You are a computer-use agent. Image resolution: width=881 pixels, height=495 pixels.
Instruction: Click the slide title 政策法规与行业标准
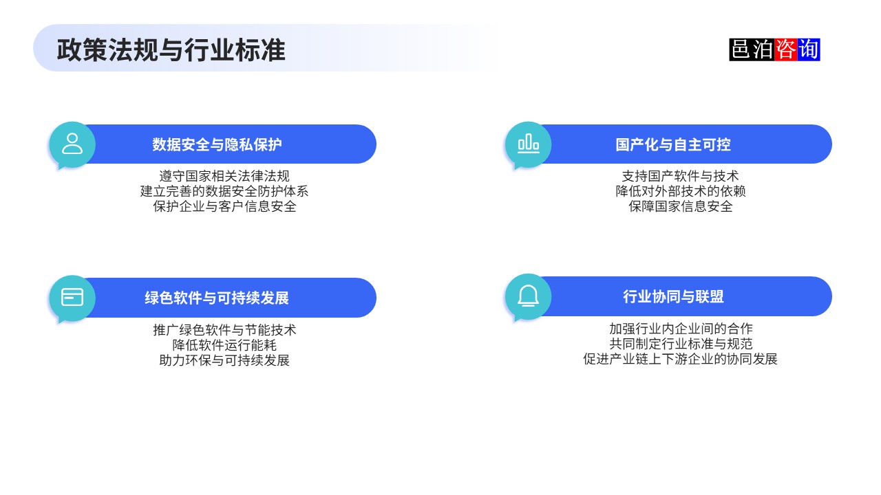click(x=171, y=50)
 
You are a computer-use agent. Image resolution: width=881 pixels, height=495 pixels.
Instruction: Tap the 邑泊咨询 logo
click(x=774, y=49)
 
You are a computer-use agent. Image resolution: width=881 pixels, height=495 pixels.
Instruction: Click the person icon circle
click(x=72, y=144)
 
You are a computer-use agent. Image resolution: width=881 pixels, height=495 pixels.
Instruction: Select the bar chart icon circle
click(x=528, y=144)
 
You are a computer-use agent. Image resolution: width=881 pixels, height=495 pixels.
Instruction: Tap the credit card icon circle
click(x=72, y=297)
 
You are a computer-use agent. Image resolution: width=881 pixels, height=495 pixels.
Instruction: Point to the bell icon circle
click(x=528, y=296)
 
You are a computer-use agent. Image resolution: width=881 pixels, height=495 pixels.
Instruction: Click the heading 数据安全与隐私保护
click(x=217, y=144)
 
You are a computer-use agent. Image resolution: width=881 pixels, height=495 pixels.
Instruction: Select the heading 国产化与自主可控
click(x=672, y=144)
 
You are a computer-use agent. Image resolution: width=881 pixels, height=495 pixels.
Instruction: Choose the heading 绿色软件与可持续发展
click(x=217, y=298)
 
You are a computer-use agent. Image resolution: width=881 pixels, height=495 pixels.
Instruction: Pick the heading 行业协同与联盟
click(x=672, y=296)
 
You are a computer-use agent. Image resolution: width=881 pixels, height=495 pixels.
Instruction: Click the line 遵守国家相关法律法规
click(x=224, y=177)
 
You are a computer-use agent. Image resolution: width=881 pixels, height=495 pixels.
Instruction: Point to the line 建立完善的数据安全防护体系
click(x=224, y=192)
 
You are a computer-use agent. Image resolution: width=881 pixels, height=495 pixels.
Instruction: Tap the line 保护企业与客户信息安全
click(x=224, y=206)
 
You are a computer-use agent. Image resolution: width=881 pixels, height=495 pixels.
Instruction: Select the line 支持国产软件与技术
click(x=680, y=177)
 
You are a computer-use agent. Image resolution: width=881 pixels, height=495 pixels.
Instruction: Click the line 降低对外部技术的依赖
click(x=680, y=192)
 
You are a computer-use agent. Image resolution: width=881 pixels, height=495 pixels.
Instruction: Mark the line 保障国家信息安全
click(x=680, y=206)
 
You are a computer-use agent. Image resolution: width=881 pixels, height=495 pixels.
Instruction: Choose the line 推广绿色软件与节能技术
click(x=224, y=330)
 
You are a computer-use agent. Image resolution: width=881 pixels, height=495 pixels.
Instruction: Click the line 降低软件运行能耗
click(x=224, y=345)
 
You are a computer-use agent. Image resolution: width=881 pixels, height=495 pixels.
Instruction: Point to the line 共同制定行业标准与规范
click(x=680, y=344)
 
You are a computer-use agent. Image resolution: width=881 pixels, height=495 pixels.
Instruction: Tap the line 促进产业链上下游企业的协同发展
click(x=680, y=359)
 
